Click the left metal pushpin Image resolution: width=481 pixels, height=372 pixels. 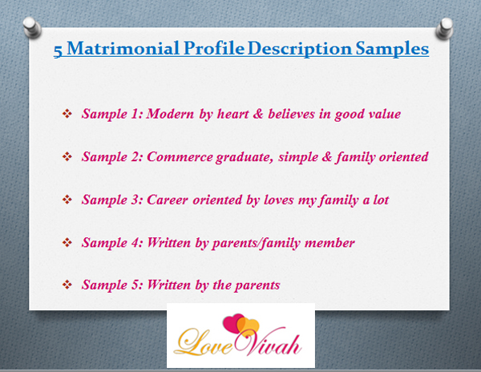32,27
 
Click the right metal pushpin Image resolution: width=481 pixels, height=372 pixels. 444,28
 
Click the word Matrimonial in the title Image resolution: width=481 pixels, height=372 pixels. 123,48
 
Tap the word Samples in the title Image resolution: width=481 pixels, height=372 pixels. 392,49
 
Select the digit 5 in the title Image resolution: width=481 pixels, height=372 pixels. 58,51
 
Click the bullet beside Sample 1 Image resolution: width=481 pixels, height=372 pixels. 67,114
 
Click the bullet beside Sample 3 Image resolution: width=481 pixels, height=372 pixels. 67,200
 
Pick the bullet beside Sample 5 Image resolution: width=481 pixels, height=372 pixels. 67,285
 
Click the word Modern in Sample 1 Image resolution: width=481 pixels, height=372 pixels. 170,114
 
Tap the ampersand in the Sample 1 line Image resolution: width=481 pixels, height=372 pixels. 258,114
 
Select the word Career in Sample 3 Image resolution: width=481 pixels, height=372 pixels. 168,200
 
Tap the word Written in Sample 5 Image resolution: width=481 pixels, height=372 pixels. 168,285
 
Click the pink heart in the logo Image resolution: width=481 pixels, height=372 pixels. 233,323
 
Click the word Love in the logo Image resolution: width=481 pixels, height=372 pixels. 204,343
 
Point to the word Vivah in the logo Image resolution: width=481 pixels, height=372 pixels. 268,342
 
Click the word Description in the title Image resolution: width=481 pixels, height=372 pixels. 300,49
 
